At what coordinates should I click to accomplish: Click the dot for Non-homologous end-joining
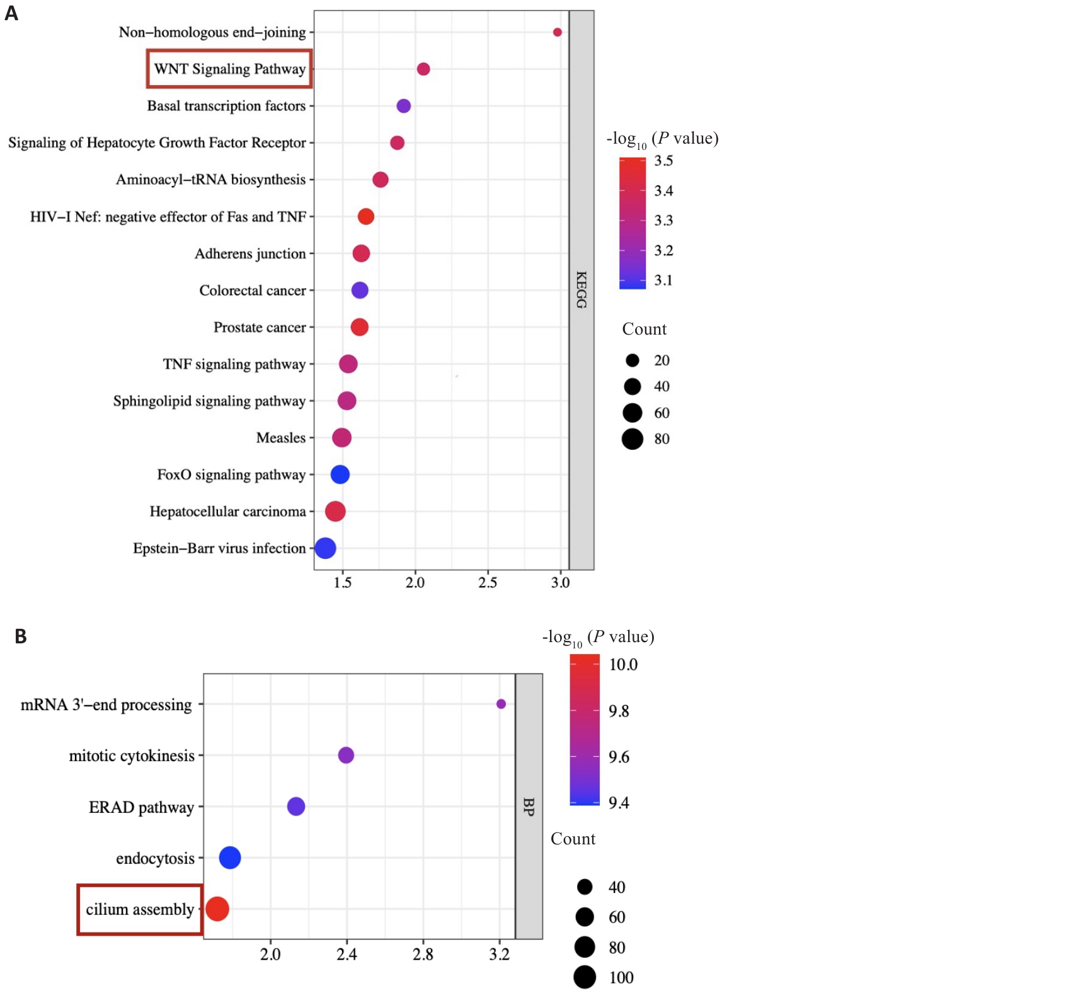tap(557, 32)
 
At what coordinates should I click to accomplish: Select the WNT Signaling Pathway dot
tap(423, 69)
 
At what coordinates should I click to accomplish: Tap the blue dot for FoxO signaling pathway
tap(340, 474)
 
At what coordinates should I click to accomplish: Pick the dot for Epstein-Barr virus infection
tap(325, 548)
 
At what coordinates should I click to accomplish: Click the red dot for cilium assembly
tap(217, 909)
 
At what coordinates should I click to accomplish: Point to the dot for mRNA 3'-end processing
tap(501, 704)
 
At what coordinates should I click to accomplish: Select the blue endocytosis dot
tap(230, 858)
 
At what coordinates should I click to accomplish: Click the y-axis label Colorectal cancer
tap(253, 290)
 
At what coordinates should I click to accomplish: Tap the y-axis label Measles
tap(281, 438)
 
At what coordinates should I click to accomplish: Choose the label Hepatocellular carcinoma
tap(227, 512)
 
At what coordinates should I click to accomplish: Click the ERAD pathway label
tap(141, 807)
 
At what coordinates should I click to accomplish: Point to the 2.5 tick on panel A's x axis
tap(488, 582)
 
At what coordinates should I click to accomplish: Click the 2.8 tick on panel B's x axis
tap(423, 955)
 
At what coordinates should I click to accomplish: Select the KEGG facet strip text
tap(582, 290)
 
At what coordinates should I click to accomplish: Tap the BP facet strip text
tap(529, 807)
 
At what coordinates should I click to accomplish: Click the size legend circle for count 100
tap(585, 977)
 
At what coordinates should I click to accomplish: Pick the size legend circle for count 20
tap(633, 360)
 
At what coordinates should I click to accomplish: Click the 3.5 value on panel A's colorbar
tap(663, 161)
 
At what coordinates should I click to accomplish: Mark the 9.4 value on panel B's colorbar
tap(619, 803)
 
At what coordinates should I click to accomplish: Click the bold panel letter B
tap(21, 636)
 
